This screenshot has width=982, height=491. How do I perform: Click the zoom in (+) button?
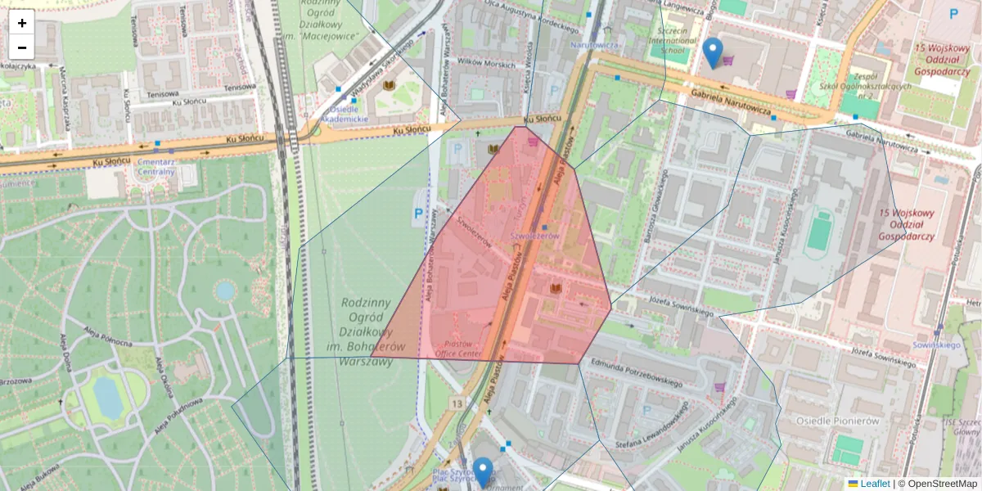21,22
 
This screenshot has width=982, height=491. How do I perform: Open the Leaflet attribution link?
874,484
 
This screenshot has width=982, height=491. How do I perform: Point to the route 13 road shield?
456,404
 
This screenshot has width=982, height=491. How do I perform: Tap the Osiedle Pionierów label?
837,420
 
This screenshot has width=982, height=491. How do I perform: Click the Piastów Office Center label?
457,349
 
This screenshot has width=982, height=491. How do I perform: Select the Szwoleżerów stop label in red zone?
534,236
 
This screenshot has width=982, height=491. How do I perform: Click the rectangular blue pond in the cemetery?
108,396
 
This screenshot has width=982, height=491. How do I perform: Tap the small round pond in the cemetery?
224,291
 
